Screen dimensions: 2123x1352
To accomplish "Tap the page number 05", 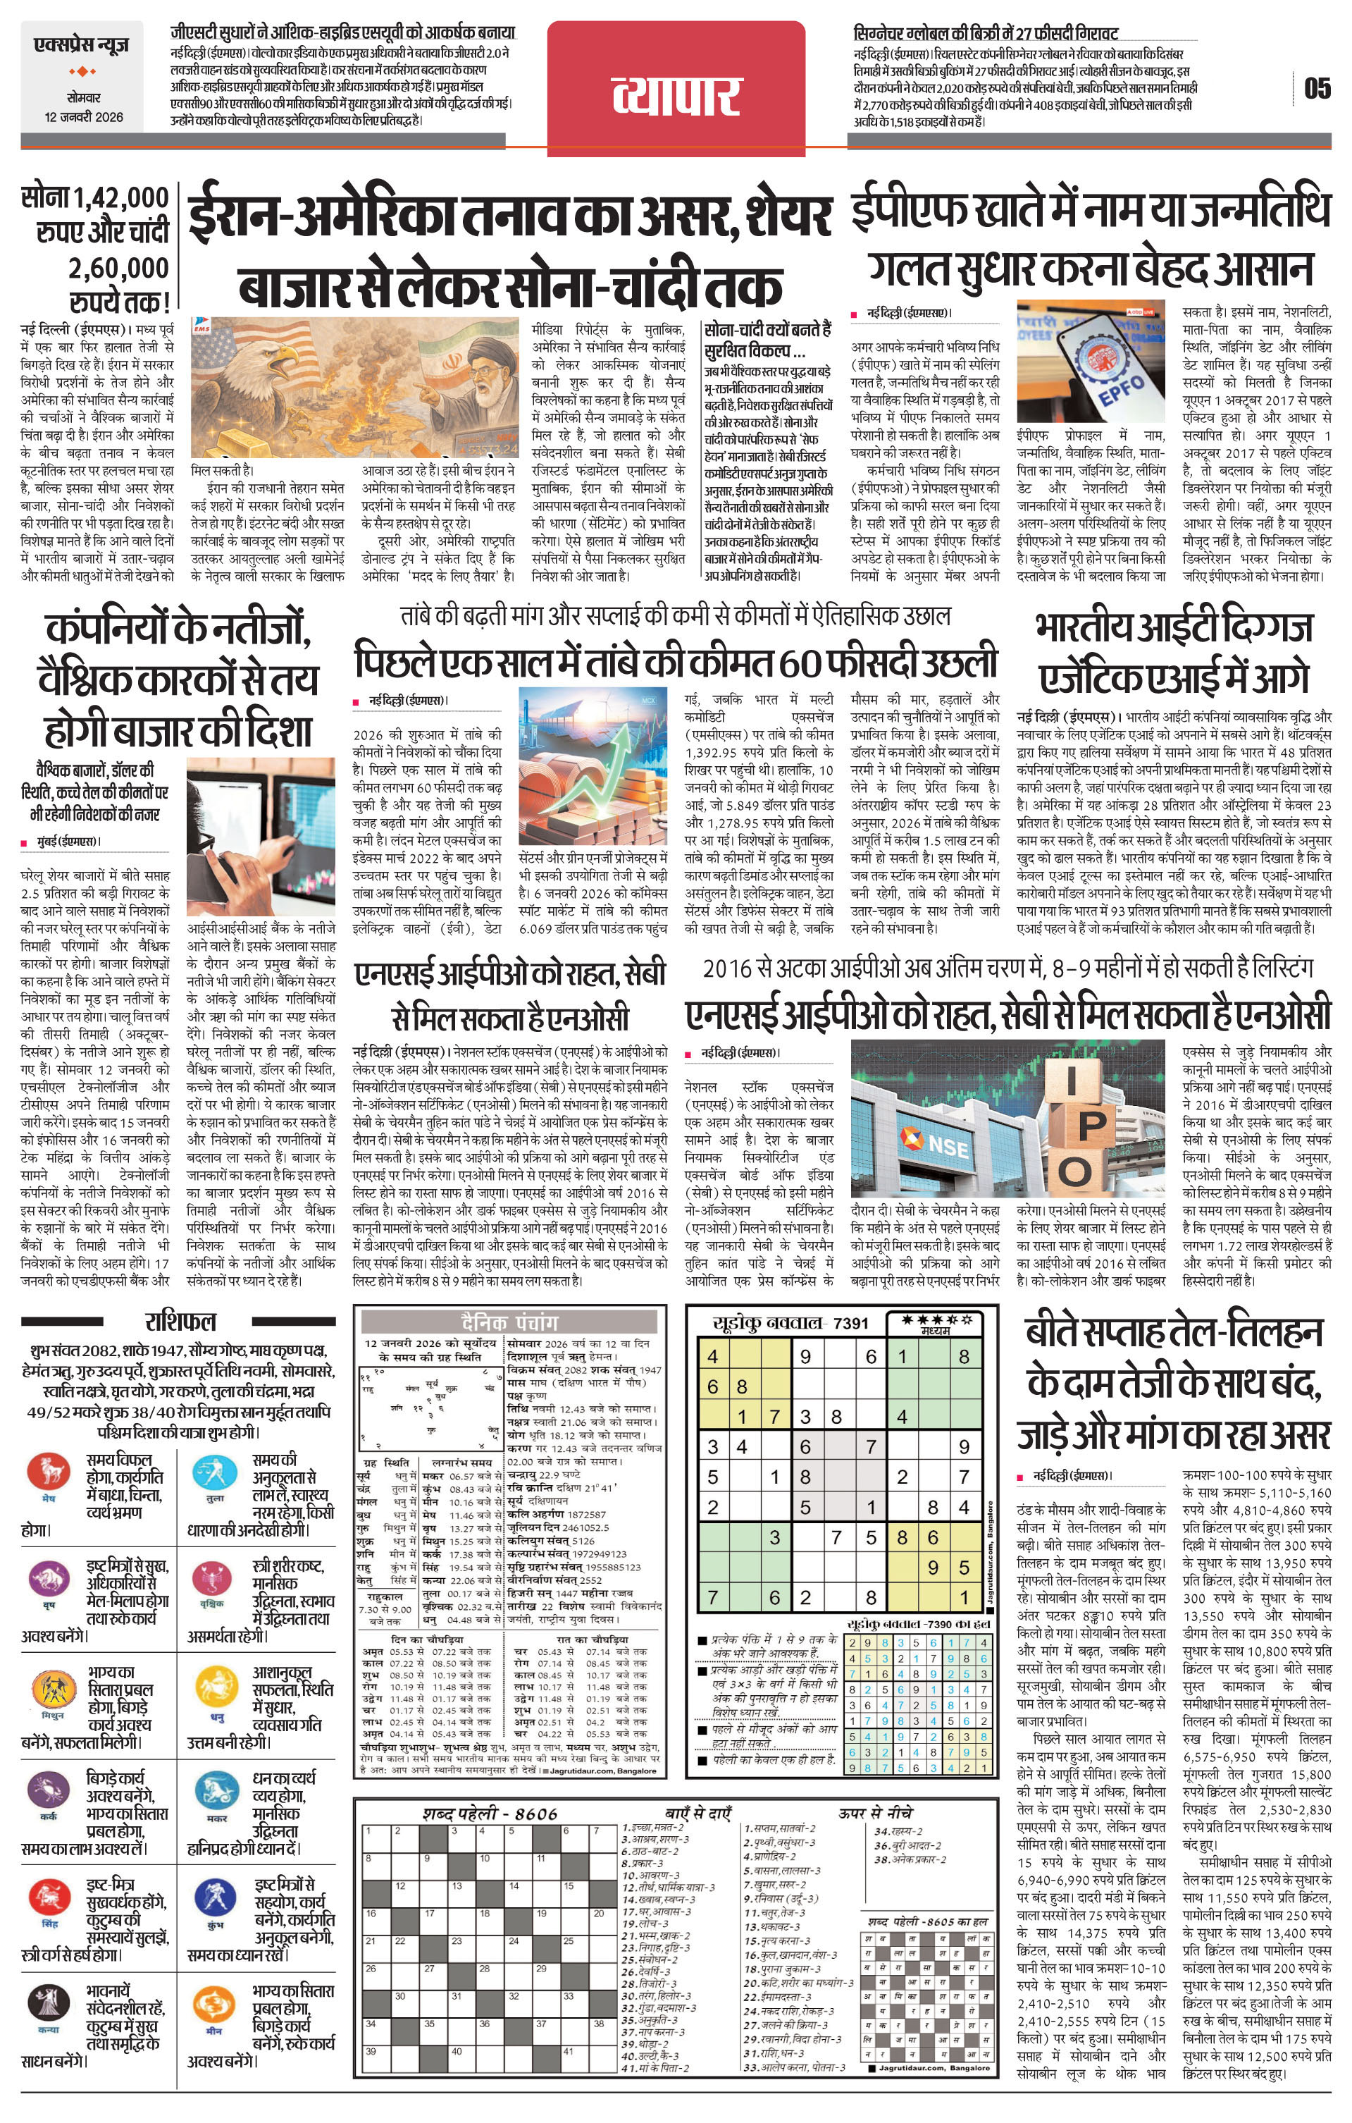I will coord(1317,88).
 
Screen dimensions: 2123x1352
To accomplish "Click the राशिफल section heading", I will coord(180,1322).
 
